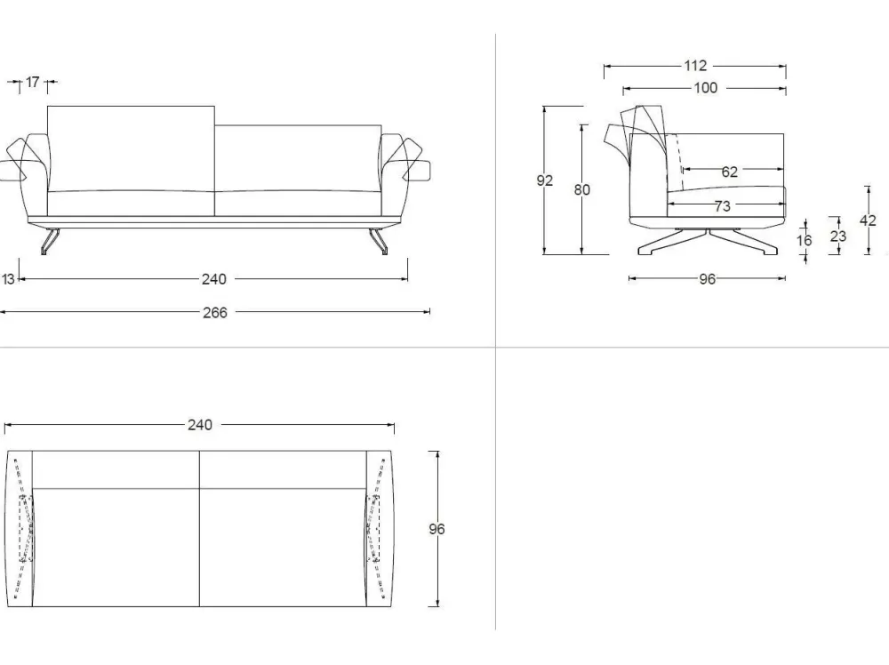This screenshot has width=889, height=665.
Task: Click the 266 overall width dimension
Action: (x=215, y=312)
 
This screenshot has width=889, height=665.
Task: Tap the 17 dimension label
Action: (x=33, y=82)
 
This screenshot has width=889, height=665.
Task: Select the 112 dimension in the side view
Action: (x=695, y=66)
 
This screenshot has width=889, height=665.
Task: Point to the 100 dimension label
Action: (x=706, y=88)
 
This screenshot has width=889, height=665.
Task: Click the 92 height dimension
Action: (x=544, y=180)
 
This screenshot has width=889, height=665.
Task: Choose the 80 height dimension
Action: (x=581, y=189)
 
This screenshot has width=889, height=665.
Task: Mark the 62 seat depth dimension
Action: (x=730, y=172)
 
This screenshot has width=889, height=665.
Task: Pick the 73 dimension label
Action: (x=722, y=205)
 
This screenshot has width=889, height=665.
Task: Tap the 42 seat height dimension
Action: (x=868, y=220)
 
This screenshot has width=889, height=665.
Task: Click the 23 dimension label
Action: (x=838, y=236)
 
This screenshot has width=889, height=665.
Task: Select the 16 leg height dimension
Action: (x=804, y=240)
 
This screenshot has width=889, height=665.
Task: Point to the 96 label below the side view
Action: (x=707, y=279)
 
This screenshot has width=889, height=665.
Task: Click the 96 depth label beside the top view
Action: (x=436, y=529)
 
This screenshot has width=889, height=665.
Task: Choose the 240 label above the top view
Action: (x=200, y=425)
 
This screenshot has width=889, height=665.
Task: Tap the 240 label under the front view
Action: (x=214, y=279)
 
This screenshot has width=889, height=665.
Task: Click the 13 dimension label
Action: (x=8, y=279)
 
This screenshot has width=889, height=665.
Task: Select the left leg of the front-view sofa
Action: (x=50, y=242)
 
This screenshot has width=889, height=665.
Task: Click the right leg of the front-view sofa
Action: (x=379, y=242)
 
